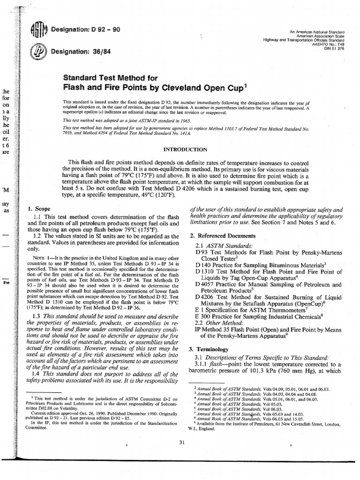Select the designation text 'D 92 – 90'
[106, 30]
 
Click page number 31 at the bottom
[181, 442]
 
